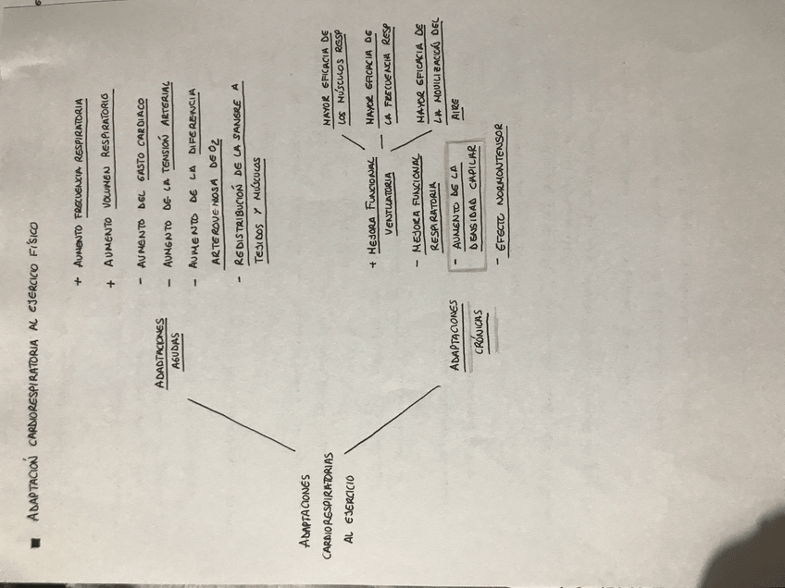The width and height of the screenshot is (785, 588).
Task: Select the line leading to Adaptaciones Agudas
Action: click(x=241, y=425)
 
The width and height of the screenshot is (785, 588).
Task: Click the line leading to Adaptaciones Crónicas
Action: click(x=389, y=421)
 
